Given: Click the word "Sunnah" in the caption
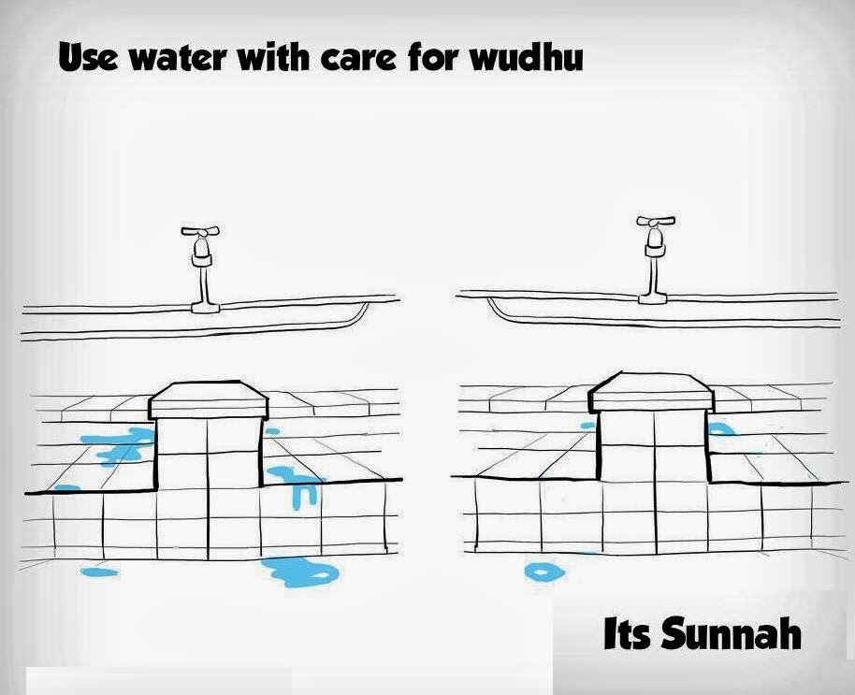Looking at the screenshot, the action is (732, 634).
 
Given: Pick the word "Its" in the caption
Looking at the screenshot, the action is (627, 634).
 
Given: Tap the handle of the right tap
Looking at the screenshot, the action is (655, 223).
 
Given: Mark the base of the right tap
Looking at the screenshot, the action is (653, 297).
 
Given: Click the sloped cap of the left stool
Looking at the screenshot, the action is (209, 399).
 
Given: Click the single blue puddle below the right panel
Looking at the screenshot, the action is (540, 570).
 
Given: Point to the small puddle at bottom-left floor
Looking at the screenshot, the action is (98, 570).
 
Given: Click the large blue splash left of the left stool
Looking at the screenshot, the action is (122, 444).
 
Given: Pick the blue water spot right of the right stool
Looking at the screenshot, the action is (720, 428).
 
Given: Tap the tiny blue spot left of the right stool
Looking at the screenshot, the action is (587, 426).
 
